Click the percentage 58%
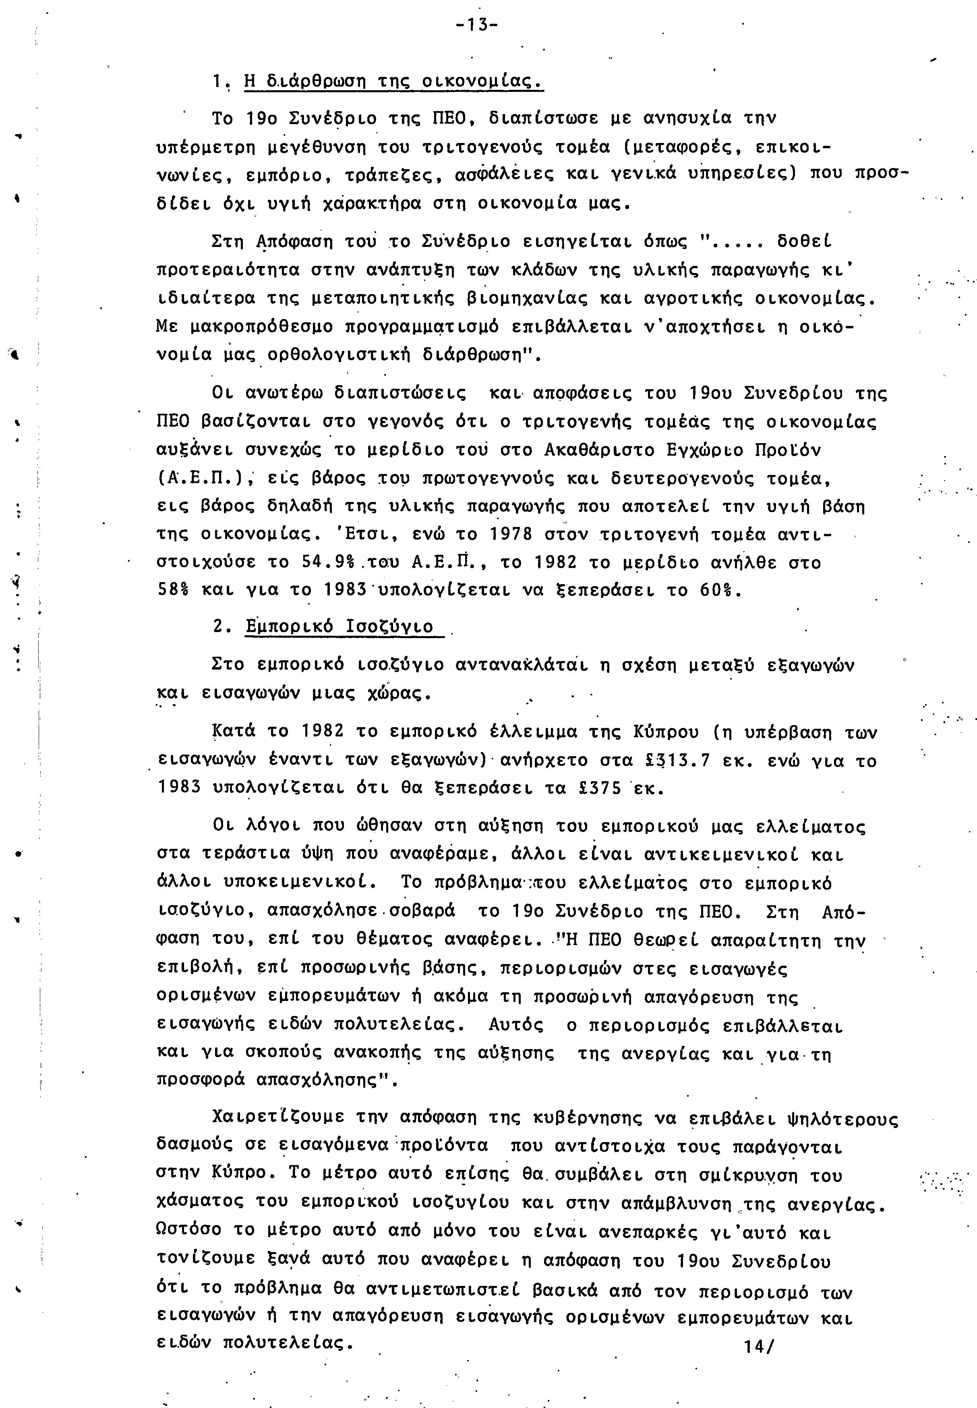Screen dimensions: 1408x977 [x=173, y=590]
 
